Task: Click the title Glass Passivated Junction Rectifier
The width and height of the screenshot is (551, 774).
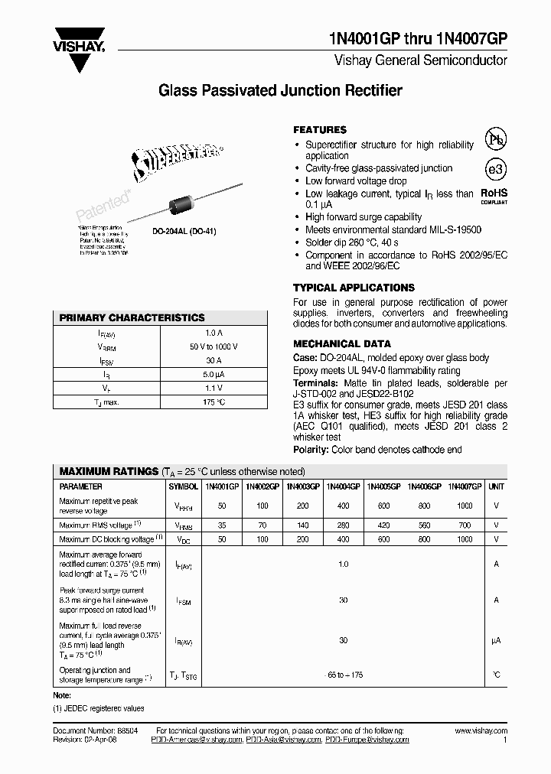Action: (x=279, y=91)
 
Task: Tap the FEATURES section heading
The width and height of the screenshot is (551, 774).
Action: (x=320, y=130)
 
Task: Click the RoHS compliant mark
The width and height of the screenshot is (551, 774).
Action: (x=494, y=197)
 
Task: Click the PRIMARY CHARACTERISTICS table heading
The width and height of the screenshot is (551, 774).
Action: (x=132, y=317)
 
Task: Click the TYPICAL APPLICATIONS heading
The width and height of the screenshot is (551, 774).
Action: (x=354, y=288)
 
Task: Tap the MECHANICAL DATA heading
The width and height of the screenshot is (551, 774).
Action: (x=342, y=344)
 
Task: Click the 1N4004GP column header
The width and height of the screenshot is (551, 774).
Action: (x=343, y=486)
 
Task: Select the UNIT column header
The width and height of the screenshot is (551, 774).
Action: (x=496, y=486)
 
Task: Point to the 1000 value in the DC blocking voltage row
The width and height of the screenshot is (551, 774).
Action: (x=464, y=539)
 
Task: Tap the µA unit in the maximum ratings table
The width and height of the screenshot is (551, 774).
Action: (x=496, y=641)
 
